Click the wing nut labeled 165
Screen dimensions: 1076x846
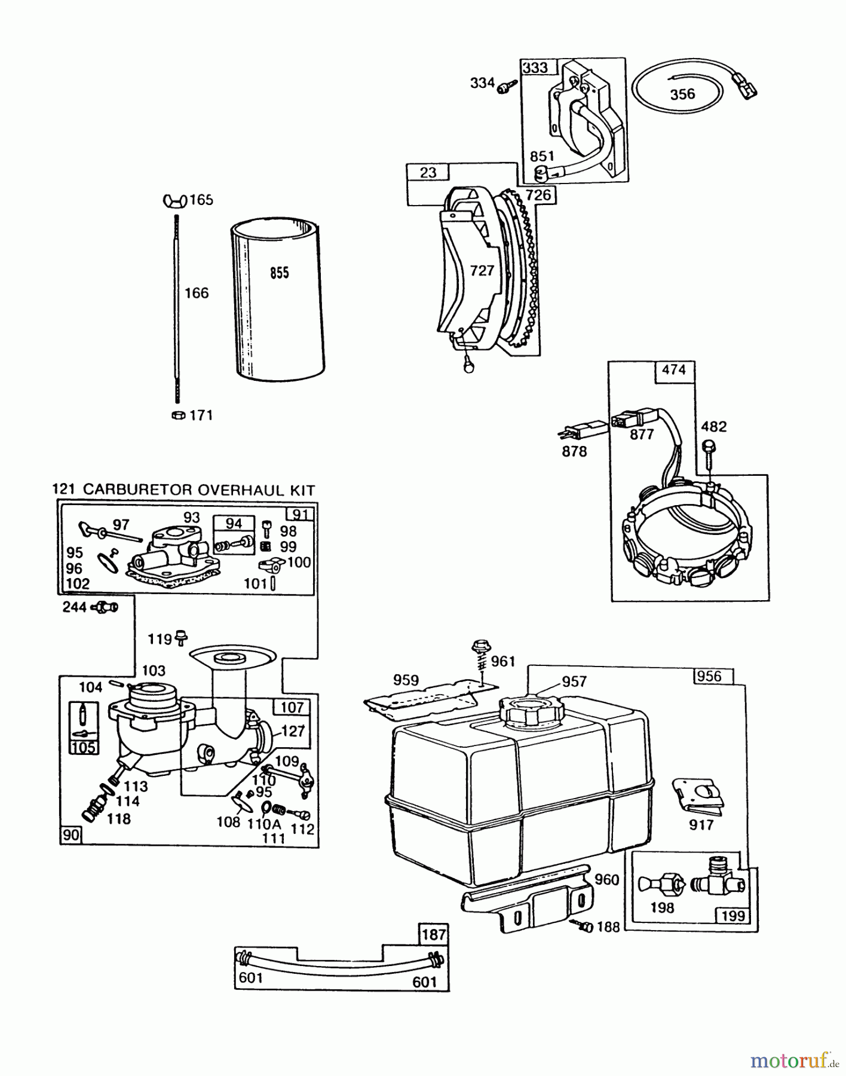coord(174,200)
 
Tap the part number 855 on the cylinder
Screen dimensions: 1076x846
coord(280,273)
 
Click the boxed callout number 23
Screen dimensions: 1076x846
coord(428,173)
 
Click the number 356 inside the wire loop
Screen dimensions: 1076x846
coord(682,94)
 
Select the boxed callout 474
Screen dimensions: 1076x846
coord(673,369)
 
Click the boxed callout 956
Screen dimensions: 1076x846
coord(709,676)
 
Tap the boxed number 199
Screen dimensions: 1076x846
coord(733,915)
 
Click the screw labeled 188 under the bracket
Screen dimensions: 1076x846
coord(585,927)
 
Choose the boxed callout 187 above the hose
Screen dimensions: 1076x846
coord(433,934)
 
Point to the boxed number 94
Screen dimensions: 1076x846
coord(233,524)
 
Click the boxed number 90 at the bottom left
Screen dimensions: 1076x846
coord(70,834)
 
